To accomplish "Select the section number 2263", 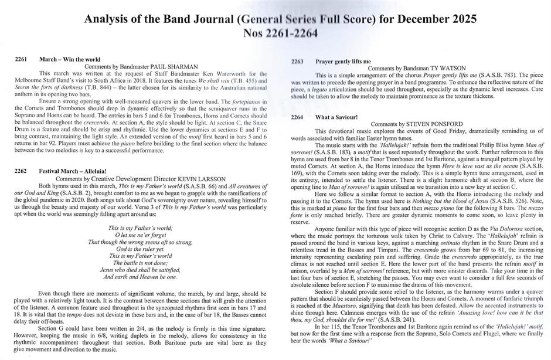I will pos(297,62).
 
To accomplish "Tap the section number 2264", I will pos(297,117).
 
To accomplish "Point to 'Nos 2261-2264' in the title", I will pos(276,33).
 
